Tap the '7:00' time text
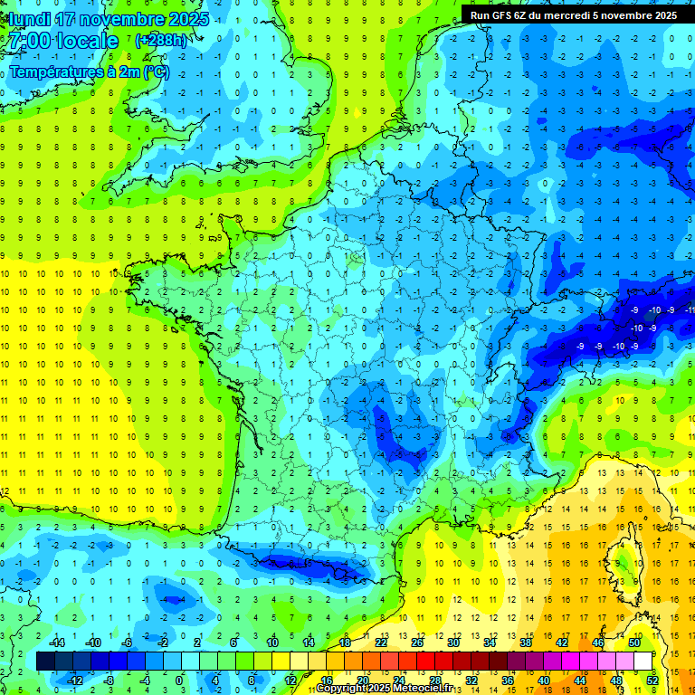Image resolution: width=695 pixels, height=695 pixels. pyautogui.click(x=26, y=42)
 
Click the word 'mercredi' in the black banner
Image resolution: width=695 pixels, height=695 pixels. pyautogui.click(x=574, y=14)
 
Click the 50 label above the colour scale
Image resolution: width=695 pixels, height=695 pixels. pyautogui.click(x=633, y=643)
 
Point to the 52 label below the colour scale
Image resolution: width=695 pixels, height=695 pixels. pyautogui.click(x=652, y=681)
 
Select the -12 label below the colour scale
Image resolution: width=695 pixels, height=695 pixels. pyautogui.click(x=74, y=681)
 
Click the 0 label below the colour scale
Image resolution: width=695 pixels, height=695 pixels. pyautogui.click(x=179, y=681)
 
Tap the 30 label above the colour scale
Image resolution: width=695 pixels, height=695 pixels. pyautogui.click(x=452, y=643)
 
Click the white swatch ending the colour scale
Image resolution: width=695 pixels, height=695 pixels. pyautogui.click(x=643, y=662)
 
